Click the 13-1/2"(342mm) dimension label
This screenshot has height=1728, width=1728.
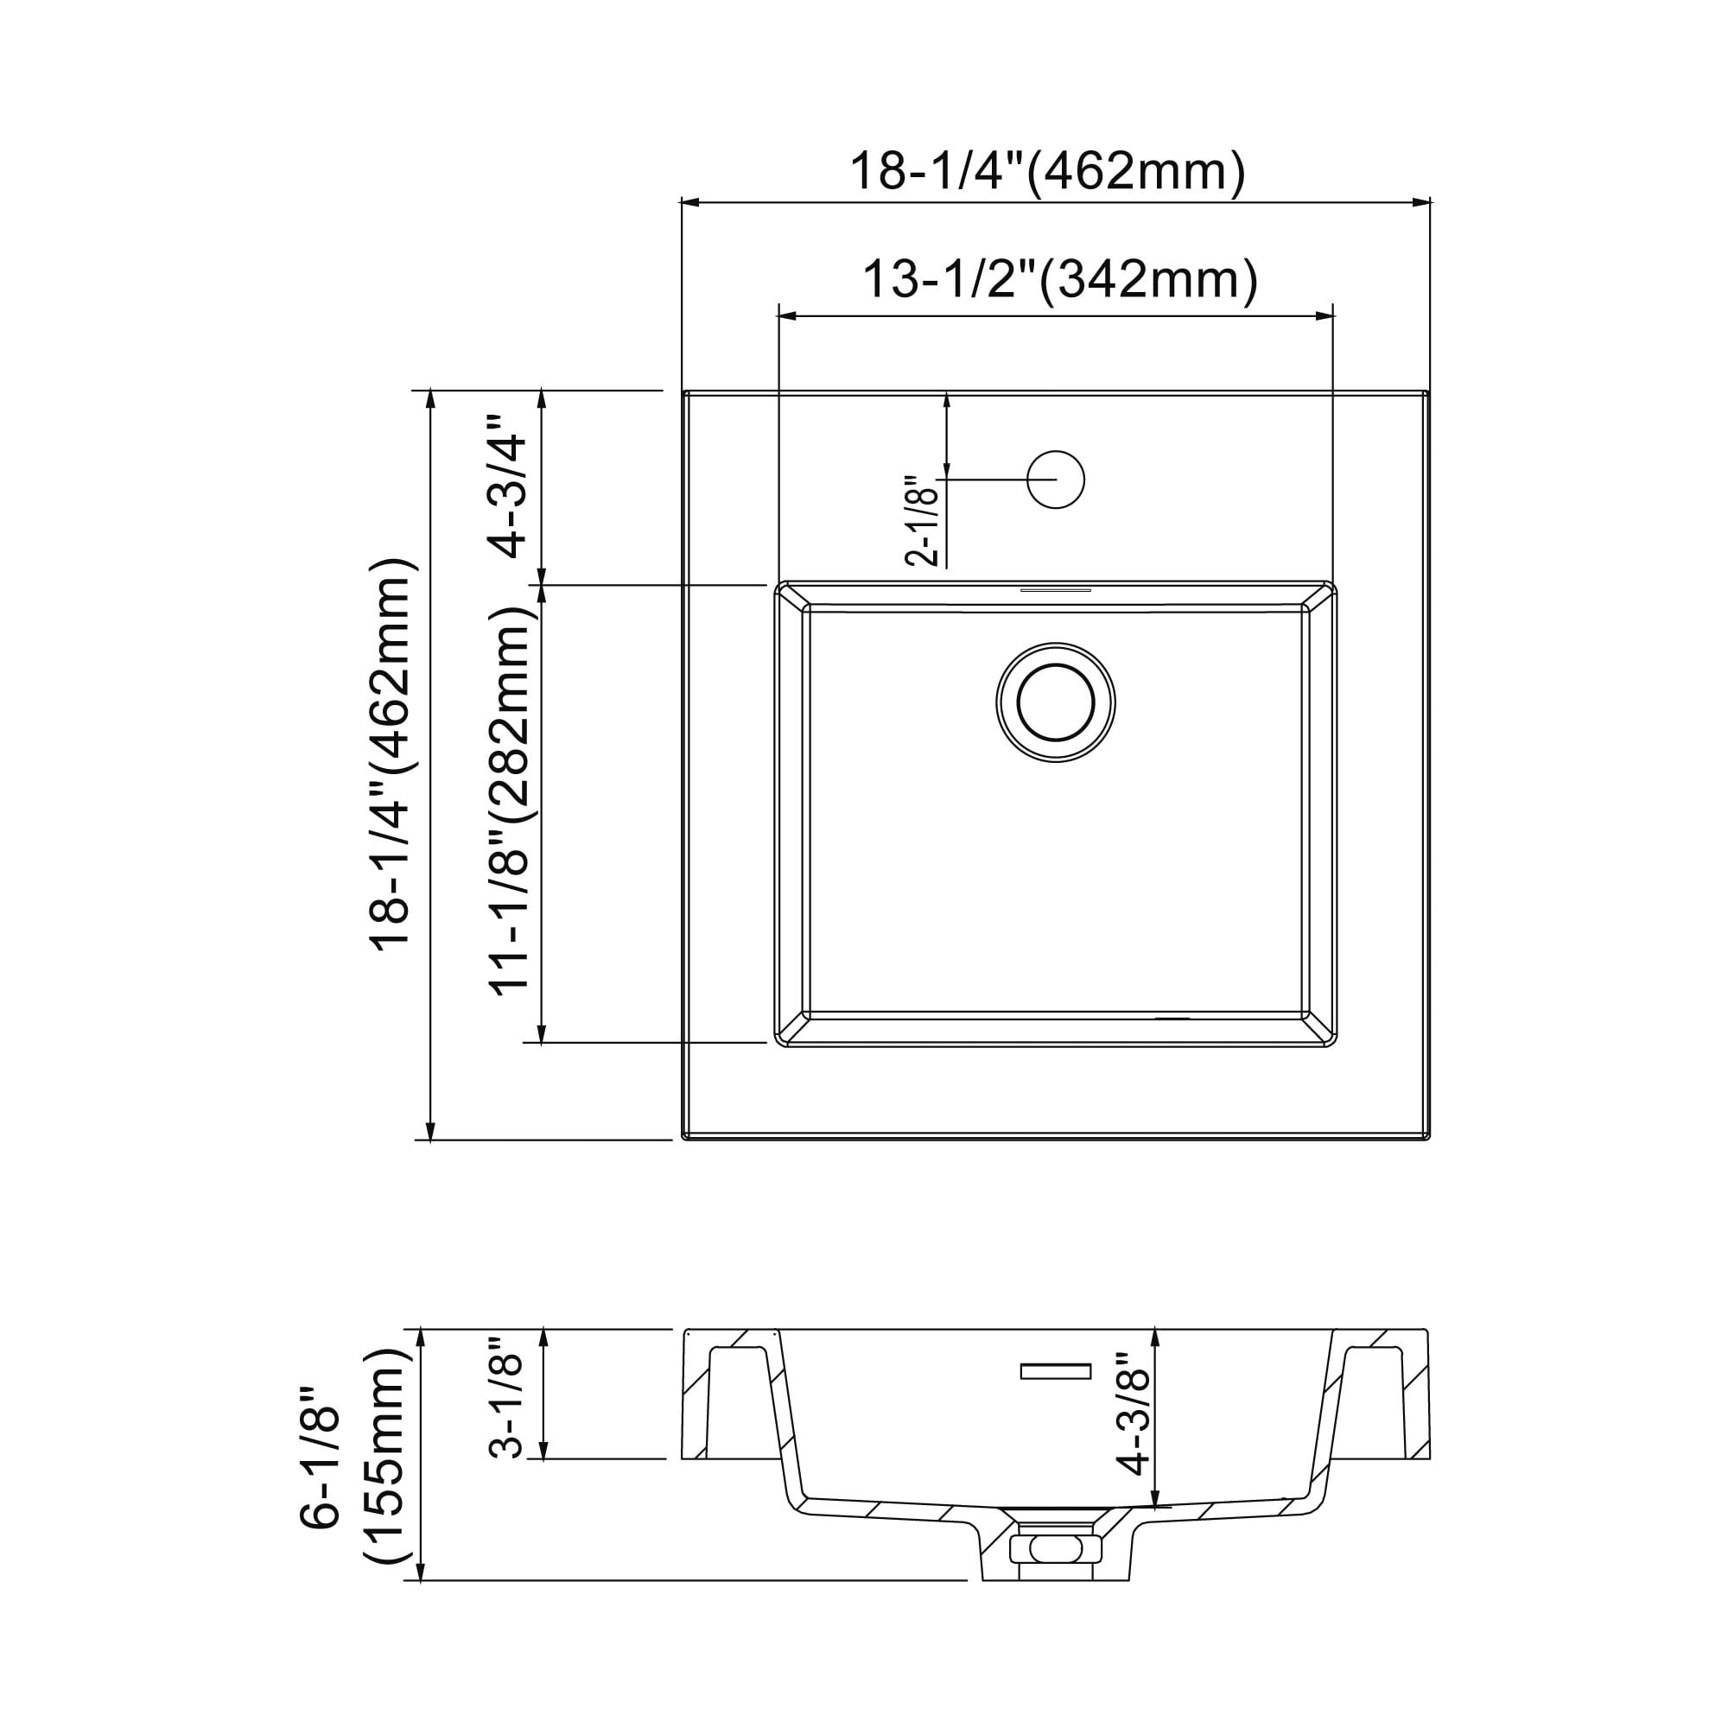click(x=1060, y=280)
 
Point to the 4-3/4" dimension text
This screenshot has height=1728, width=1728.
click(x=504, y=486)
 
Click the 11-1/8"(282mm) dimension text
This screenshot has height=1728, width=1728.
click(x=509, y=797)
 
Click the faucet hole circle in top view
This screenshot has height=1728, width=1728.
click(x=1056, y=480)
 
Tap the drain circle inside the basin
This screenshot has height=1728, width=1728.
click(x=1056, y=702)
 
